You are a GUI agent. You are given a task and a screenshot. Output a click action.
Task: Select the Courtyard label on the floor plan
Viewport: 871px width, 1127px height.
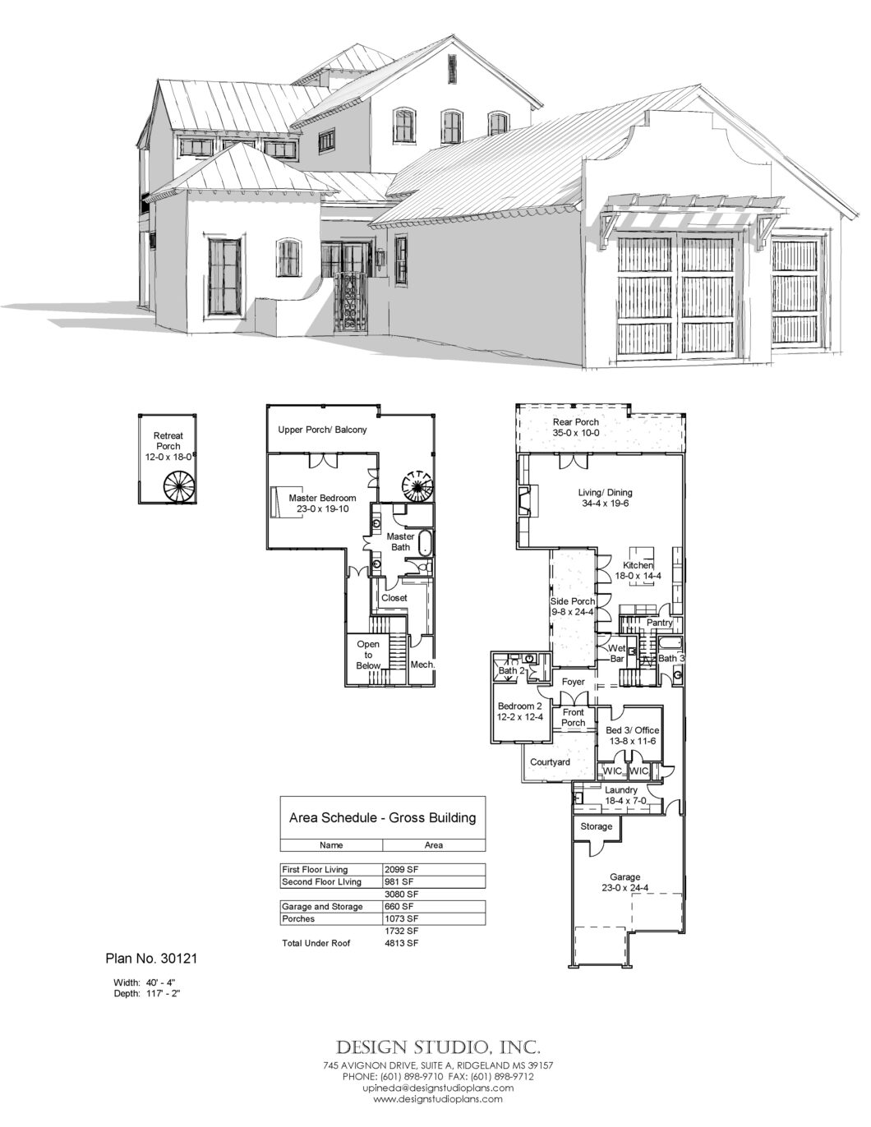tap(550, 762)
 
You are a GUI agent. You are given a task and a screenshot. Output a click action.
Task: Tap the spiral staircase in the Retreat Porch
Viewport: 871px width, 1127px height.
tap(178, 486)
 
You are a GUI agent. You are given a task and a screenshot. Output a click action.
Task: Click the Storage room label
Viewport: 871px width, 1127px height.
tap(596, 826)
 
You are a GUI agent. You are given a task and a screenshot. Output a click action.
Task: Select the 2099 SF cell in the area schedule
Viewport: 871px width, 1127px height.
tap(399, 869)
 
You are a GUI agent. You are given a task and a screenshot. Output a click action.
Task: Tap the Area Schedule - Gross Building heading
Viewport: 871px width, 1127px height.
tap(382, 818)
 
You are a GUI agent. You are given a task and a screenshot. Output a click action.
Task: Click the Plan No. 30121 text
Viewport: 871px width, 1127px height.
tap(151, 958)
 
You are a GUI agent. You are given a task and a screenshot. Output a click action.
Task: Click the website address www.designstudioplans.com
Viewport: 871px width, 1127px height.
tap(438, 1098)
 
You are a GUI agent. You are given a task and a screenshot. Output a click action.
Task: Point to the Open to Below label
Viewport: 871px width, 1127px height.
tap(368, 655)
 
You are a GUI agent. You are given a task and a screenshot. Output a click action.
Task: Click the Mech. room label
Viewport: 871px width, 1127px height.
tap(422, 665)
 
